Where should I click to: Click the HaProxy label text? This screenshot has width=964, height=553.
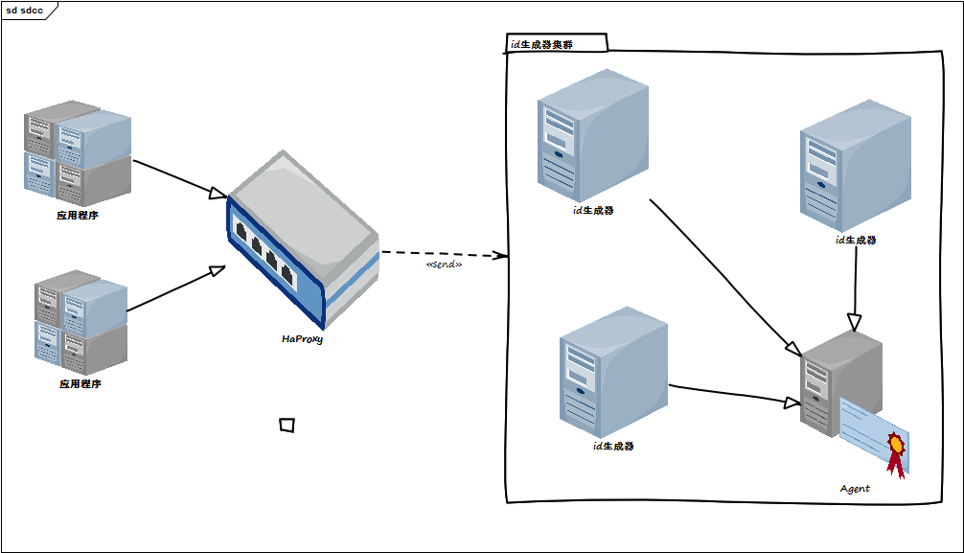click(x=303, y=338)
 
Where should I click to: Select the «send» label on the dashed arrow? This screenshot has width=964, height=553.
click(x=444, y=265)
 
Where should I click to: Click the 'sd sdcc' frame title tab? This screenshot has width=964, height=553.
click(x=26, y=10)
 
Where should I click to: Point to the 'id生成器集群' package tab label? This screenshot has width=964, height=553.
click(x=542, y=44)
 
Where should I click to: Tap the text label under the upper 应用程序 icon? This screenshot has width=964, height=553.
click(x=78, y=216)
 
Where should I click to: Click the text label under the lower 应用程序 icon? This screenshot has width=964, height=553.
click(x=80, y=384)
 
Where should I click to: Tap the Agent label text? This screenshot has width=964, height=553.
click(x=855, y=489)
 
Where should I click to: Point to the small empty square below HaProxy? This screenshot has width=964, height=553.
click(x=287, y=425)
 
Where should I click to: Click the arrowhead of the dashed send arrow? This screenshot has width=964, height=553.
click(x=499, y=256)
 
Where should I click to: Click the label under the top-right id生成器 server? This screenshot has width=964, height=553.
click(x=856, y=241)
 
